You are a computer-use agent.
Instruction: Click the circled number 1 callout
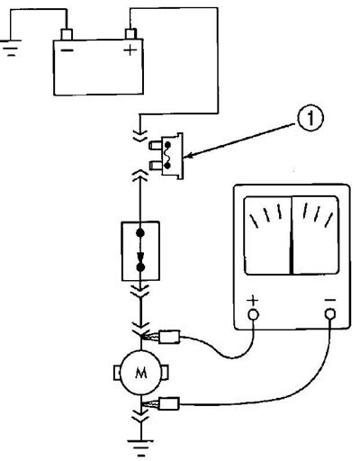tap(310, 119)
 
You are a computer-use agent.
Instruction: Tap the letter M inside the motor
tap(141, 373)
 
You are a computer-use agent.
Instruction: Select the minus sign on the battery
tap(67, 50)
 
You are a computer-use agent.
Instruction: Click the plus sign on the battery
tap(130, 50)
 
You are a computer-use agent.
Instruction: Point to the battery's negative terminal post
tap(67, 34)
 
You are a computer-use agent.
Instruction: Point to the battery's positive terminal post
tap(131, 33)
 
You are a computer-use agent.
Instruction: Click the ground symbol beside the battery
tap(11, 48)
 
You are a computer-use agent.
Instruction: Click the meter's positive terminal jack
tap(253, 314)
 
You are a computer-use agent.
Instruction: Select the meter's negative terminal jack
tap(330, 314)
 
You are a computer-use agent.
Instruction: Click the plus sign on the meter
tap(253, 300)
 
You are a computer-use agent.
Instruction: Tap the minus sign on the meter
tap(330, 300)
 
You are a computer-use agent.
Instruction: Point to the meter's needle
tap(292, 235)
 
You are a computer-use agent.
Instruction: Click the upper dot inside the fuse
tap(167, 146)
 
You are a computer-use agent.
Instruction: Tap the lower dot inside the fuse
tap(167, 166)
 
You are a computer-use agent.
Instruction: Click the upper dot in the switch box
tap(140, 232)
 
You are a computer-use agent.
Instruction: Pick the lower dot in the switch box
tap(140, 267)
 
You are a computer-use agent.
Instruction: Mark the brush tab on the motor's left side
tap(116, 373)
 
